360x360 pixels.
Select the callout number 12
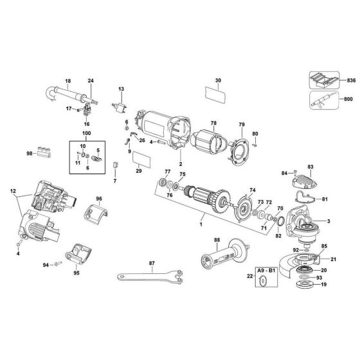(12, 191)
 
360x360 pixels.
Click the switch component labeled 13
(120, 107)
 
